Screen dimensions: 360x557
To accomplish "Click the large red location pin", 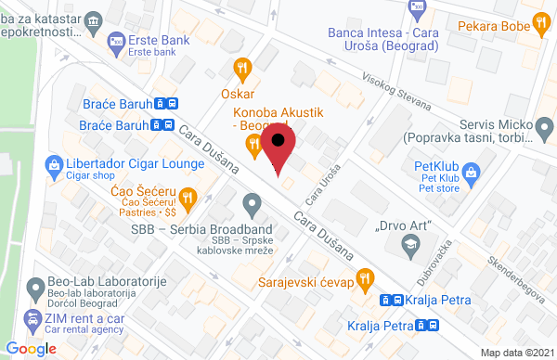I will click(x=278, y=145).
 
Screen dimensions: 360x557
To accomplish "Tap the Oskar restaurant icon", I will click(x=243, y=67).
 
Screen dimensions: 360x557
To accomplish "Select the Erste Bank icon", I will click(x=116, y=39).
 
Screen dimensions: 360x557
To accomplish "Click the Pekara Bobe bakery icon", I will click(x=539, y=27).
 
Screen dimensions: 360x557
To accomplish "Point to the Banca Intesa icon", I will click(x=416, y=8).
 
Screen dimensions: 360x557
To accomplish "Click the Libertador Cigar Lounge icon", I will click(x=54, y=164).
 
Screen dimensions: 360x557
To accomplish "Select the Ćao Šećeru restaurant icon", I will click(x=187, y=196).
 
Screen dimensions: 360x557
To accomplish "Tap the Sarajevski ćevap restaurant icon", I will click(x=365, y=277).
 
